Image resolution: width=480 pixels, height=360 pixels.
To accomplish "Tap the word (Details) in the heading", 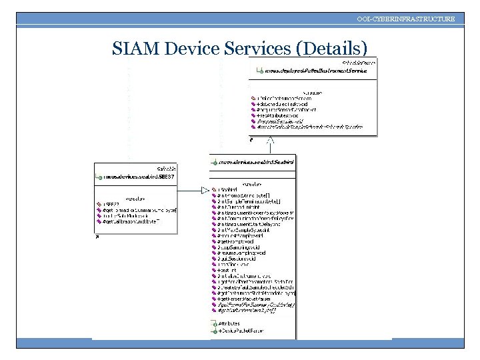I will pos(331,49).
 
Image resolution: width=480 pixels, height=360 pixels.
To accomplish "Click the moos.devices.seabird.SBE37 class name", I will pos(140,177).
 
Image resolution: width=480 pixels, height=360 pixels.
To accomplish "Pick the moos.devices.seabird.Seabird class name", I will pos(257,162).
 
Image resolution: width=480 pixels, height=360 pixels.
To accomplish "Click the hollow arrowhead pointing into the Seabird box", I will pos(205,190).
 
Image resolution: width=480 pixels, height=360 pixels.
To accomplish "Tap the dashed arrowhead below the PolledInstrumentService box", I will pos(271,141).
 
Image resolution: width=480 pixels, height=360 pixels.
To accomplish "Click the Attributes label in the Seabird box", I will pos(229,323).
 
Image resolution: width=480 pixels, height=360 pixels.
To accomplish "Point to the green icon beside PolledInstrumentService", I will pos(259,70).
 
